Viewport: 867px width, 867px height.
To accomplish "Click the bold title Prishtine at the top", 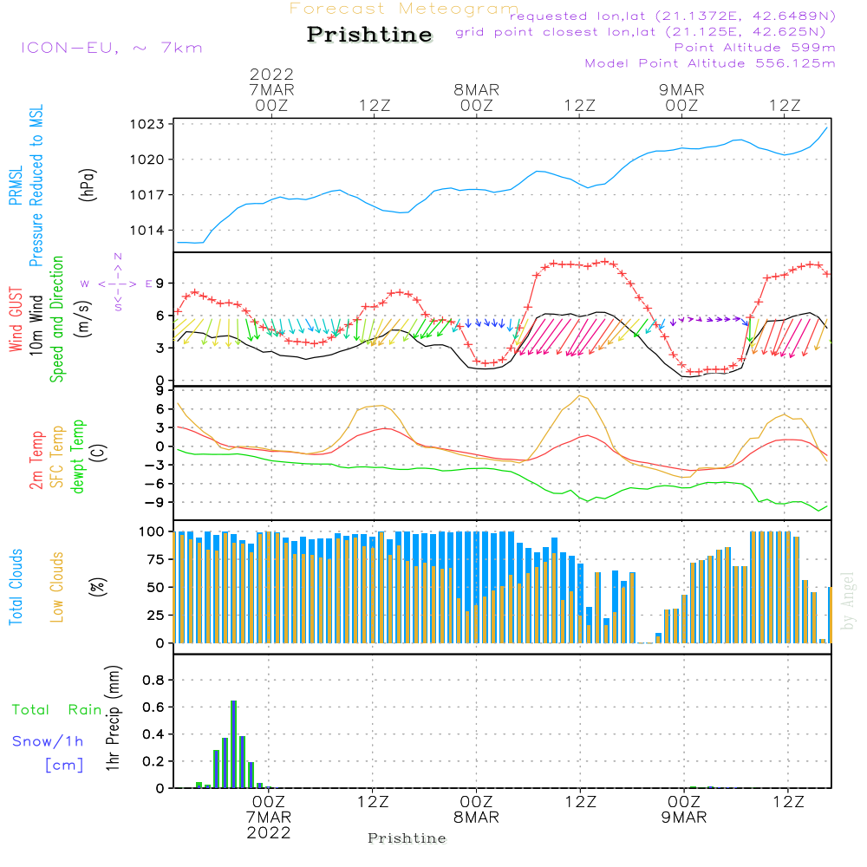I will [x=369, y=35].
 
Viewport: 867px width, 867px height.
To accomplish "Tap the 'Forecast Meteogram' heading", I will [x=404, y=10].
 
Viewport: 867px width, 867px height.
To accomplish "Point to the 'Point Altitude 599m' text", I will [x=754, y=48].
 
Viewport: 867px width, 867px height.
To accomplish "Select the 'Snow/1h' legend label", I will [x=49, y=741].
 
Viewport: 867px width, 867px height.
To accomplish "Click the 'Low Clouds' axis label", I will [x=58, y=587].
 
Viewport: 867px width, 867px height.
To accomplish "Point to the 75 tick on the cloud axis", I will [x=154, y=559].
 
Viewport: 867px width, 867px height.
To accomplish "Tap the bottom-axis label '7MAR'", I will [x=269, y=818].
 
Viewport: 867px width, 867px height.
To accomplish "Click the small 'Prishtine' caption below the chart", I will [x=407, y=838].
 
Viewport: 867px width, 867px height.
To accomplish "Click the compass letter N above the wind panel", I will [x=118, y=257].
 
